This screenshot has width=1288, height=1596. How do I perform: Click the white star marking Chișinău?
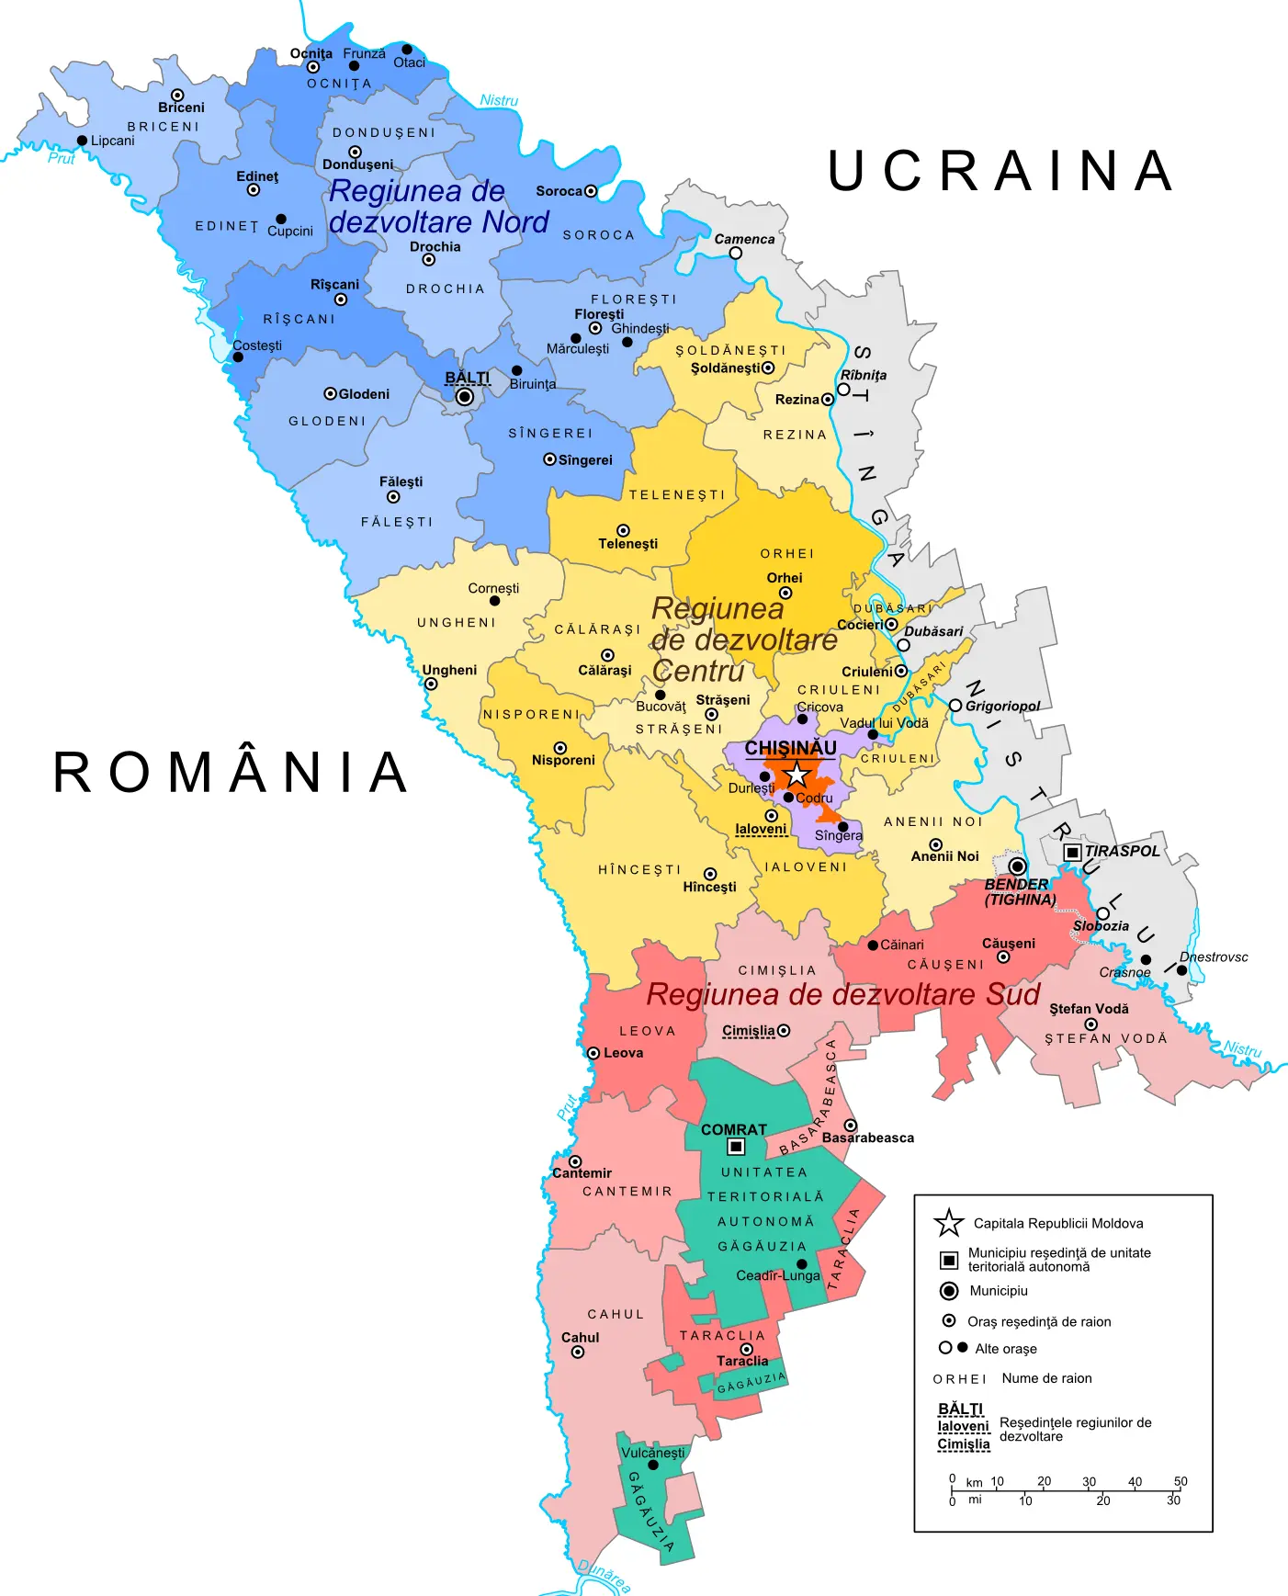point(797,774)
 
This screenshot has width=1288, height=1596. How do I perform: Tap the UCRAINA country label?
point(1000,171)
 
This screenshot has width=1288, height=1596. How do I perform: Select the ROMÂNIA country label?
point(231,772)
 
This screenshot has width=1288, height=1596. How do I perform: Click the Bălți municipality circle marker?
point(465,397)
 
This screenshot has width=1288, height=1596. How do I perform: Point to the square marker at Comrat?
point(736,1146)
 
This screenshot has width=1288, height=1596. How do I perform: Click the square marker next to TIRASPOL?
point(1071,852)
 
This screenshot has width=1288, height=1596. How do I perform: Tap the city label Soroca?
point(559,191)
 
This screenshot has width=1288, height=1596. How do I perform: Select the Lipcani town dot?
point(82,141)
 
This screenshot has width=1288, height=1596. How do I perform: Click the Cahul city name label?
point(580,1337)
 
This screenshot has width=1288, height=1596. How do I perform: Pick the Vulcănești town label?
point(652,1453)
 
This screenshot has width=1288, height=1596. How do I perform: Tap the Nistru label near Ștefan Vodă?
point(1242,1048)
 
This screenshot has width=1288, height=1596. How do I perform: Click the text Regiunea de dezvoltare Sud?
point(842,994)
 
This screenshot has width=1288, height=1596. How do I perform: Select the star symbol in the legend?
point(948,1223)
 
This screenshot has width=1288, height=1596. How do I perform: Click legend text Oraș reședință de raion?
point(1039,1321)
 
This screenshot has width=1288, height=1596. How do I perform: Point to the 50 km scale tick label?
point(1181,1481)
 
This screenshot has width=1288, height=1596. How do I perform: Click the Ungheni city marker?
point(431,685)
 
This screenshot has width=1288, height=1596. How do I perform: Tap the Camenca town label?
point(744,239)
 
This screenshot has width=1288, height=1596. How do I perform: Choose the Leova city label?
point(623,1053)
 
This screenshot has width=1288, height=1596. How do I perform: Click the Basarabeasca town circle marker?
point(851,1126)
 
